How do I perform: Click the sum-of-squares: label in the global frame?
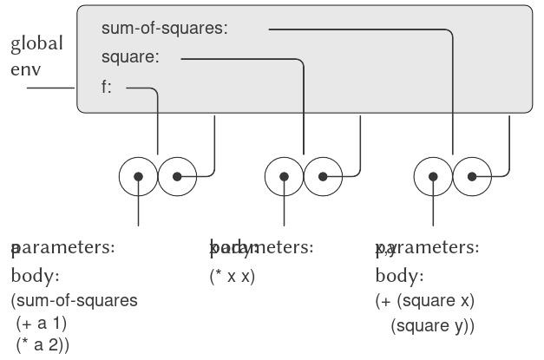164,29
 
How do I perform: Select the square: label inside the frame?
130,58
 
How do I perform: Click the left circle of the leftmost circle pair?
139,177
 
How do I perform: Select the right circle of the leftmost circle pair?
177,177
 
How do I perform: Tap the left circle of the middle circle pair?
284,177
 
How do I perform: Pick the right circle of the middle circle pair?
322,177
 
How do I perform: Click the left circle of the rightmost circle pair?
433,177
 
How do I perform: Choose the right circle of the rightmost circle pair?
471,177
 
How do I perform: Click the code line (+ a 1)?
43,323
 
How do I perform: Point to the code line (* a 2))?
44,344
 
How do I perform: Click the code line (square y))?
433,326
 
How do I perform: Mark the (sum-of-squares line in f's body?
74,301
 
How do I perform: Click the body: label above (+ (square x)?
399,278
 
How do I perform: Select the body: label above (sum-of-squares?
35,278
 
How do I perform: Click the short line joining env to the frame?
51,88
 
